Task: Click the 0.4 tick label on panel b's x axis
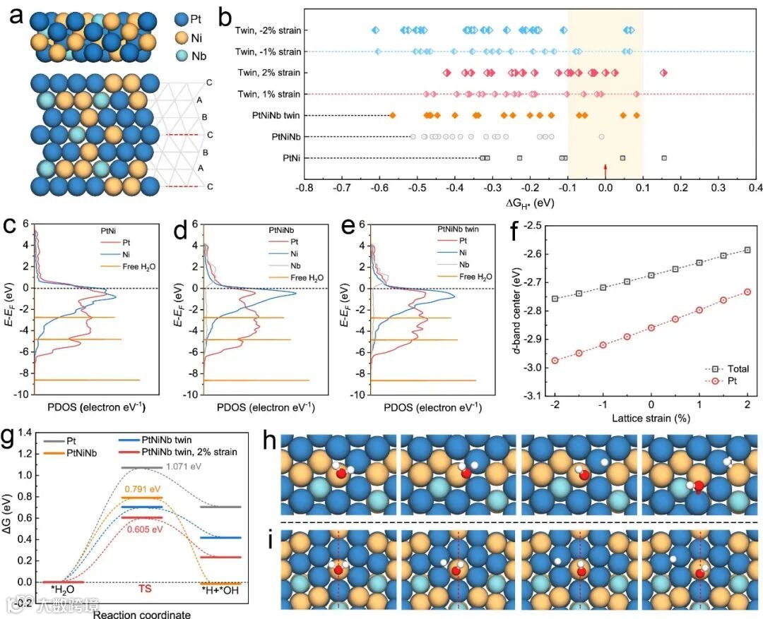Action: click(755, 189)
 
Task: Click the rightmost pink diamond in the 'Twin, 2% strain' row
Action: click(663, 73)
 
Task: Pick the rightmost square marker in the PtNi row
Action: click(664, 158)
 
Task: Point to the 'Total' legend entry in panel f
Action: click(735, 368)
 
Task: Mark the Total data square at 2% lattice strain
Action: click(747, 250)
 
